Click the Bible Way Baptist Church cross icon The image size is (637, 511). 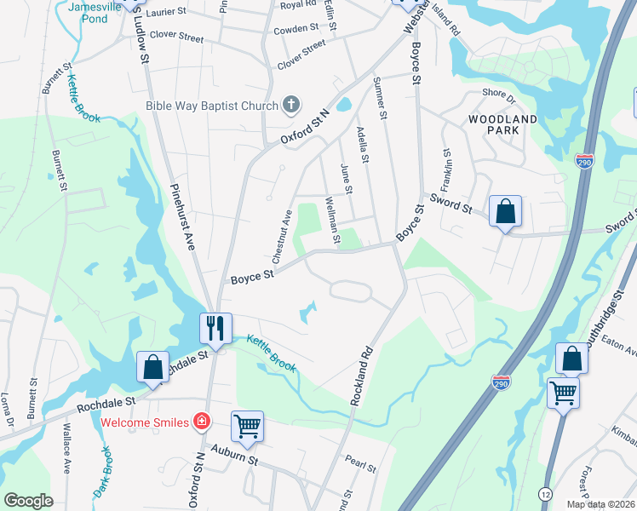(x=291, y=106)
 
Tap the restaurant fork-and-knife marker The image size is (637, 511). (x=215, y=328)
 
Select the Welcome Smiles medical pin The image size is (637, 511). (x=201, y=421)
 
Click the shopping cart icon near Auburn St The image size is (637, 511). (x=247, y=425)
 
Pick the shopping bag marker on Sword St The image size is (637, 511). (x=505, y=211)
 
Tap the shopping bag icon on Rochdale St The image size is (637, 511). (x=152, y=368)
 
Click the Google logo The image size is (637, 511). (x=28, y=501)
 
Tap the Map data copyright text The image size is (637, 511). (x=601, y=503)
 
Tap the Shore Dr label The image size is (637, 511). (x=495, y=94)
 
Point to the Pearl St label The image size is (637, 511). (x=360, y=465)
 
